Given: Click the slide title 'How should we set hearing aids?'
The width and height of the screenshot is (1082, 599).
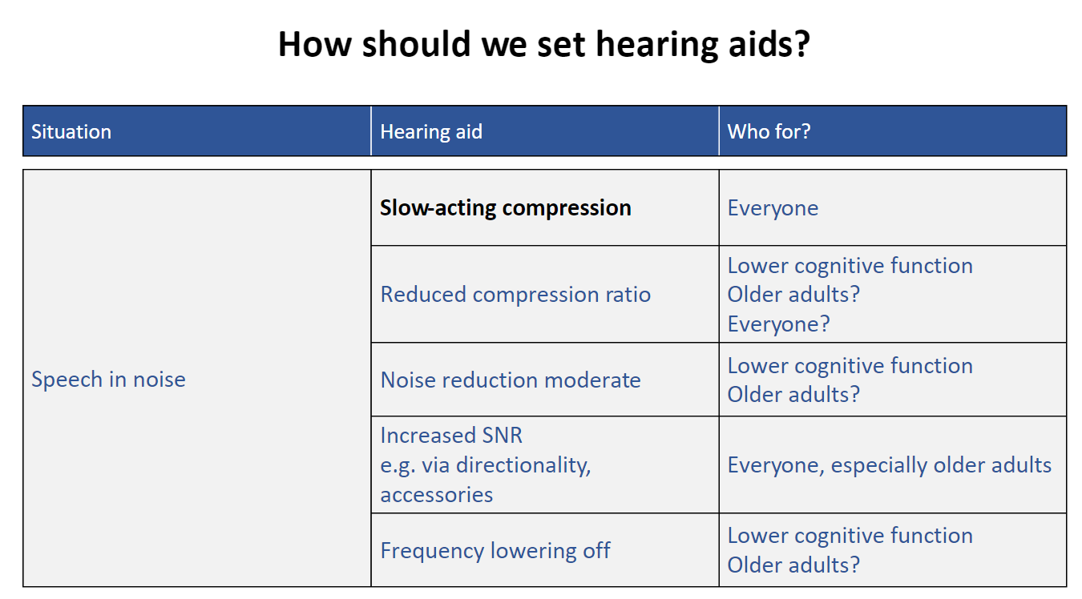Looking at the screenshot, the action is coord(544,44).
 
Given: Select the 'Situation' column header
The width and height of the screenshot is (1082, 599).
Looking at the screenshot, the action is coord(71,132).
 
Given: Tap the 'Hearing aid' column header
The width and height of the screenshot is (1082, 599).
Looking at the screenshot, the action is coord(431,132).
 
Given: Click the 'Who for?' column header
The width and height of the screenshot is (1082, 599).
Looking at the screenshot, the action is coord(769,131).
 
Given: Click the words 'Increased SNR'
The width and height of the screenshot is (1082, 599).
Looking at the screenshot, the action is coord(451,436).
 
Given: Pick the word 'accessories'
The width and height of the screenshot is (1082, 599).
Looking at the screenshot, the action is coord(437,495).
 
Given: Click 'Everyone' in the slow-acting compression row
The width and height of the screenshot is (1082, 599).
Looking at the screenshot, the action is coord(773,209).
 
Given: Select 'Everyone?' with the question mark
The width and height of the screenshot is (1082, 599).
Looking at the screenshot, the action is coord(779,324).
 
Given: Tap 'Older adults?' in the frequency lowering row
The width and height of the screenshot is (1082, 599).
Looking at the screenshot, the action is coord(793,565).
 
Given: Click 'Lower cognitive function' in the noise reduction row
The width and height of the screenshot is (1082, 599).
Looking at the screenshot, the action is coord(850,366).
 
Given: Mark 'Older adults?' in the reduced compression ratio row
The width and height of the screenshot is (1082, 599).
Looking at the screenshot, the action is coord(793,295).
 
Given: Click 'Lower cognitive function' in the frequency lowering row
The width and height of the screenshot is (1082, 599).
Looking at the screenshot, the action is coord(850,536).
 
